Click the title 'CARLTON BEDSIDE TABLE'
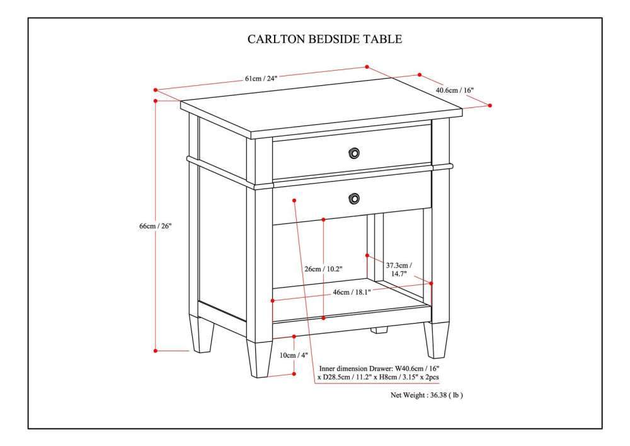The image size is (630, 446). [324, 39]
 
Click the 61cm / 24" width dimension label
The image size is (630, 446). [261, 79]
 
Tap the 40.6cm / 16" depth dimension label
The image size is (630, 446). [454, 90]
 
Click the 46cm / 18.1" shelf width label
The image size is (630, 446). [352, 292]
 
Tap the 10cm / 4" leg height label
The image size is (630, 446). [294, 355]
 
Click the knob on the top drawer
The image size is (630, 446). [354, 153]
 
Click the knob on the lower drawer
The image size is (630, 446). [354, 199]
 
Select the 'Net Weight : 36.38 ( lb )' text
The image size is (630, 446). [427, 395]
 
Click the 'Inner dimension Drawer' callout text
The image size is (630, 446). [379, 372]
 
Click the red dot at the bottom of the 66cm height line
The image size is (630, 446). [155, 351]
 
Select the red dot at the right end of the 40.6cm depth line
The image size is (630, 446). [490, 105]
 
